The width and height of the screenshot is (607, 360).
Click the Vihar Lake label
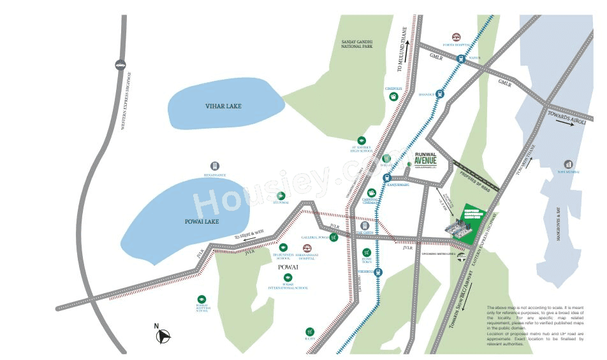[x=223, y=106]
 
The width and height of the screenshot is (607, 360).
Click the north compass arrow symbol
[x=163, y=336]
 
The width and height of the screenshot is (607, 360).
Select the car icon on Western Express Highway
[x=121, y=64]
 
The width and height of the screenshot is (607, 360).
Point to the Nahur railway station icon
[x=460, y=58]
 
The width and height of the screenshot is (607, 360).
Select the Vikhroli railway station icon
[x=379, y=272]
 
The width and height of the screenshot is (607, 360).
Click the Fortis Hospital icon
[x=457, y=38]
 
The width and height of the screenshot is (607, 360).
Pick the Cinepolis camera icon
[x=395, y=96]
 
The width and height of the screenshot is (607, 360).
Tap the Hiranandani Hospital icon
[x=307, y=247]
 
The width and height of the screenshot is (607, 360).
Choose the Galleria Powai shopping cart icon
[x=333, y=237]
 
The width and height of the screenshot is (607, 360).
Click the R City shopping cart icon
[x=309, y=331]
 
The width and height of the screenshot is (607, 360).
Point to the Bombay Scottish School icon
[x=201, y=299]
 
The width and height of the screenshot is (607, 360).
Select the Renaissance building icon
[x=215, y=166]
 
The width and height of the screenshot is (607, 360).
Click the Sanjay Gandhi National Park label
[x=356, y=44]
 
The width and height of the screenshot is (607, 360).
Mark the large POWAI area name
[x=288, y=268]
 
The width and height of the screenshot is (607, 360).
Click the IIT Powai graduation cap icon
[x=281, y=196]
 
